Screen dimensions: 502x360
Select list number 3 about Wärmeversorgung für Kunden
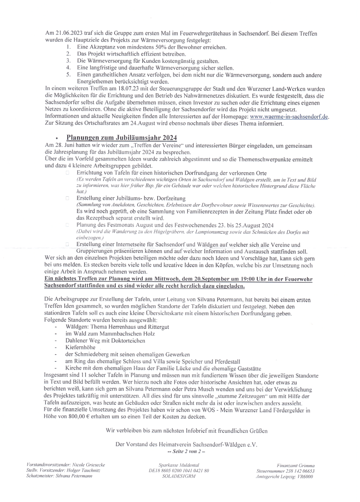coord(68,60)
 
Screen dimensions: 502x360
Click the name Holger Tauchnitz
coord(87,470)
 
